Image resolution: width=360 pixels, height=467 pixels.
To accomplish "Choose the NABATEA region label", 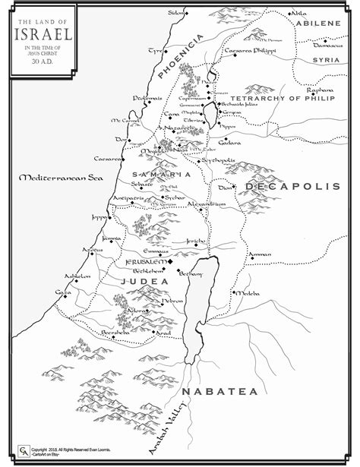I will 219,392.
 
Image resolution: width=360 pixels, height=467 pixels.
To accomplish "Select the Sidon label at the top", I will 175,13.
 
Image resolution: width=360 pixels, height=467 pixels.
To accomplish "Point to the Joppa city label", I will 99,216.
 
